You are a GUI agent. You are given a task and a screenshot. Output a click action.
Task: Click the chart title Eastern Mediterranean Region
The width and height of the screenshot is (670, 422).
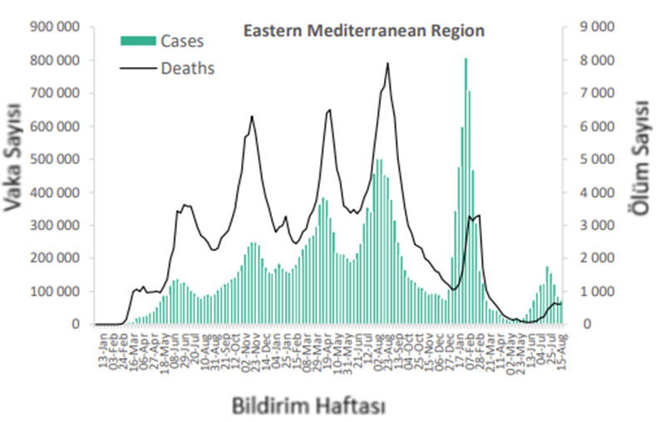[x=363, y=32]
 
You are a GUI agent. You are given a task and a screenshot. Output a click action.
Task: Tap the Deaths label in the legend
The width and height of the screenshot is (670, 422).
[x=186, y=68]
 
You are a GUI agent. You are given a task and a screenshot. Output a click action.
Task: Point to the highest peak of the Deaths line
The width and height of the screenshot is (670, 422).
[x=387, y=64]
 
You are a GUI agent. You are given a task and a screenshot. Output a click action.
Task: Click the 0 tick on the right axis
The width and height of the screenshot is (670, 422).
[x=584, y=325]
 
